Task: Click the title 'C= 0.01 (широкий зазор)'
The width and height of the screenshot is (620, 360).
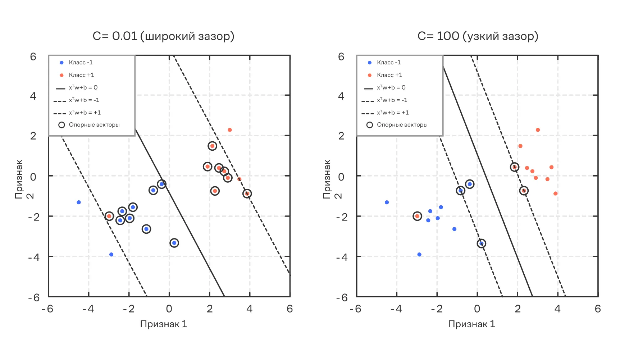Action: coord(163,36)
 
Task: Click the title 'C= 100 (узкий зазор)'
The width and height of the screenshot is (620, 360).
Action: coord(478,36)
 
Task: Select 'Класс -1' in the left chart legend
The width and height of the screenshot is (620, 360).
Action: coord(81,63)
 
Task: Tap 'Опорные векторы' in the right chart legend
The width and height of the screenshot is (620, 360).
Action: coord(402,125)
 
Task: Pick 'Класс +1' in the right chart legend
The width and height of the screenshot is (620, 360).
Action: coord(389,75)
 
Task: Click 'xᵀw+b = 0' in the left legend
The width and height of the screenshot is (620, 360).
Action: coord(83,88)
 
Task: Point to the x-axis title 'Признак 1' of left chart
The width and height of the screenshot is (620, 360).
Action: coord(164,324)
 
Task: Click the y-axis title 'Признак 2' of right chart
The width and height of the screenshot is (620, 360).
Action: coord(332,179)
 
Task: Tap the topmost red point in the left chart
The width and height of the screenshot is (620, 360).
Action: coord(230,130)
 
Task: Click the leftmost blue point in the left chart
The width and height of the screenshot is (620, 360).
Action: coord(79,202)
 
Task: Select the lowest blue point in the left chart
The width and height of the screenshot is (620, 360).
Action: coord(111,255)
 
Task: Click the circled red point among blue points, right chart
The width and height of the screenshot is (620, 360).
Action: coord(417,216)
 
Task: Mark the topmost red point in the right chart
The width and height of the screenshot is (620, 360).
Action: coord(538,130)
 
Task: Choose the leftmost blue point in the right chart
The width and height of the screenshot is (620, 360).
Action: coord(387,202)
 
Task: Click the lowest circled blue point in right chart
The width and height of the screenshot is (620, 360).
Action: coord(481,243)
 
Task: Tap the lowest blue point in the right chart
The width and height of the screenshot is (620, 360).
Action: coord(419,255)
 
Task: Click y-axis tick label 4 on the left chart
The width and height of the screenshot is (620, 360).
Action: coord(33,96)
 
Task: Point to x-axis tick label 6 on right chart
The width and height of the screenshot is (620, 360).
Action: coord(598,309)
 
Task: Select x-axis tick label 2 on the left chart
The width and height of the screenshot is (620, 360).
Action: coord(210,309)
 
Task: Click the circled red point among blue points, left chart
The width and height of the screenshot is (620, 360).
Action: coord(109,216)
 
